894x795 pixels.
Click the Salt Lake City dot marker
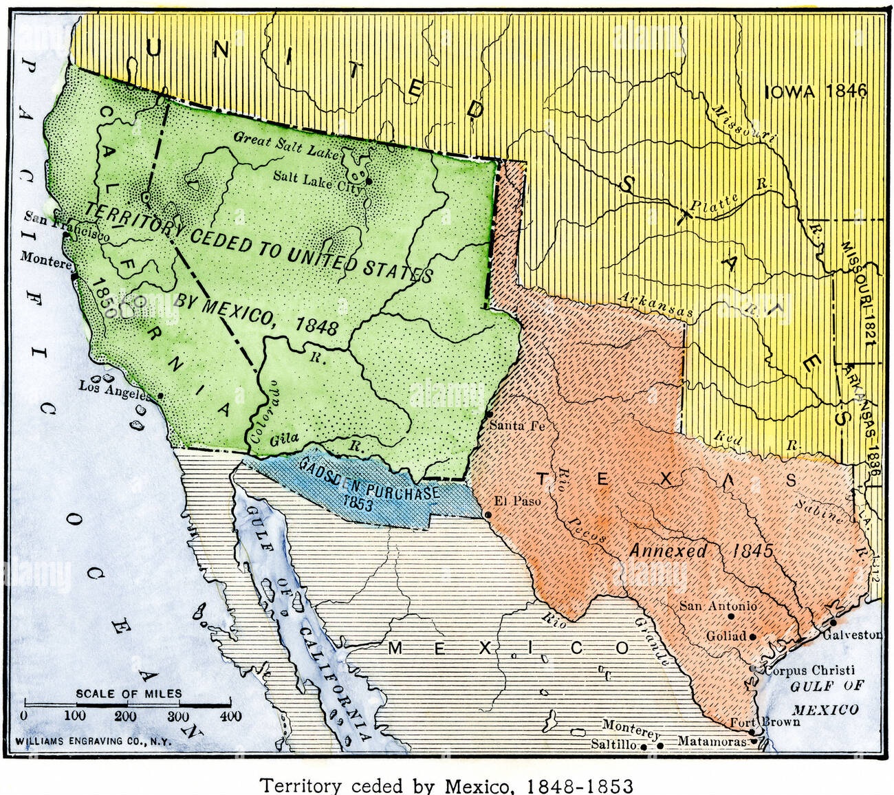[369, 182]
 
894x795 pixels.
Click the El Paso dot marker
[488, 514]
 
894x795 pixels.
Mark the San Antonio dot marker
[731, 617]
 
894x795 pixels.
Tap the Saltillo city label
[613, 743]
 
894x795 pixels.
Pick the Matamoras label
[712, 741]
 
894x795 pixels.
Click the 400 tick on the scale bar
[230, 716]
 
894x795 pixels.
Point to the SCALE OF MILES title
[129, 693]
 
